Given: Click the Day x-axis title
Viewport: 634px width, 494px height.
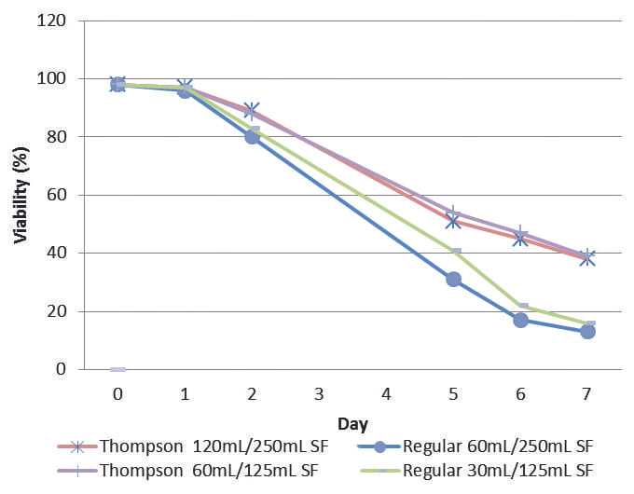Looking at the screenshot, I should click(351, 424).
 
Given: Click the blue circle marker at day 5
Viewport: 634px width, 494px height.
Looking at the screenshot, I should click(453, 279).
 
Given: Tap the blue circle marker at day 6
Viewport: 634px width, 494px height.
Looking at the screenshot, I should click(520, 320).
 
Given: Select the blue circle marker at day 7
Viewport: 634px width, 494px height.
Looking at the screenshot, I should click(587, 331).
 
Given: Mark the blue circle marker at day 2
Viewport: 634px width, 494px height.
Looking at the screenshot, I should click(252, 136).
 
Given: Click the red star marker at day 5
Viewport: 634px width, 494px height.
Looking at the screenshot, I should click(453, 221).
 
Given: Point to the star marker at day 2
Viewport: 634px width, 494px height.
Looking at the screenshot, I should click(252, 111).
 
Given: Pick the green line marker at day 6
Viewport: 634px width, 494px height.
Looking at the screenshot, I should click(522, 306).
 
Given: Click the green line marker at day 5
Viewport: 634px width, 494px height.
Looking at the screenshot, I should click(455, 252).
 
